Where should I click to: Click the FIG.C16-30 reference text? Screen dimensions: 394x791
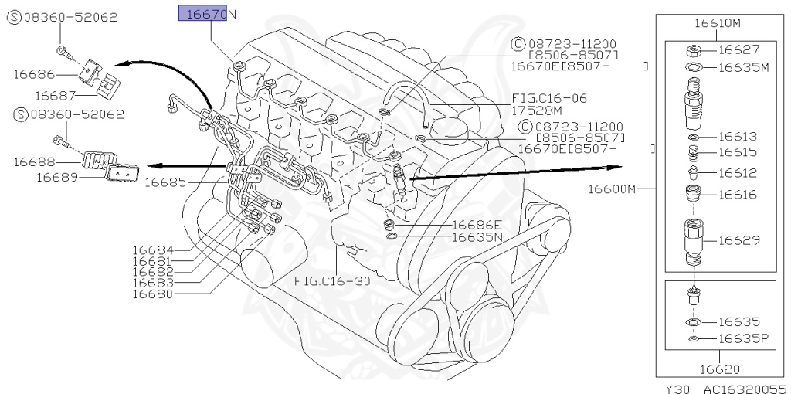point(332,281)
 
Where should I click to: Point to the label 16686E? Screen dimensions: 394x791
point(477,225)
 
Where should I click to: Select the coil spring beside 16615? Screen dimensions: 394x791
point(694,152)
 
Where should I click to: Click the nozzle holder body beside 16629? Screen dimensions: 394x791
point(694,240)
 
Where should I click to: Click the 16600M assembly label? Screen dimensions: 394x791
point(612,188)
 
